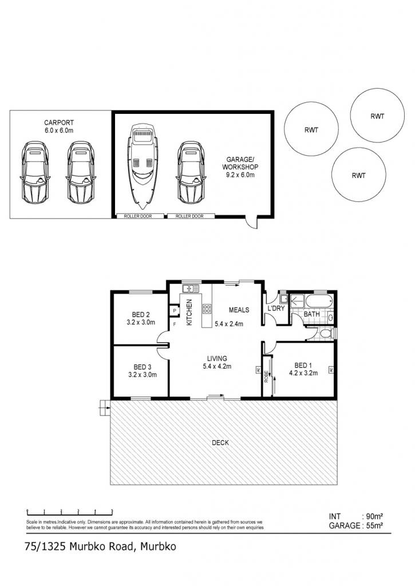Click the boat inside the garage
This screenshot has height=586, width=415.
[143, 167]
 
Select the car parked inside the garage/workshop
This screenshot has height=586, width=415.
[191, 172]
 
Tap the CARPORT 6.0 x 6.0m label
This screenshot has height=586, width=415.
[59, 126]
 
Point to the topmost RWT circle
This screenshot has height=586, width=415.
[377, 115]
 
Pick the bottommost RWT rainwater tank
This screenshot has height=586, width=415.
[358, 175]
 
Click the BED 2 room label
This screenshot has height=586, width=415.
[141, 318]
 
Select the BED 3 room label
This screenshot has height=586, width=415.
[143, 371]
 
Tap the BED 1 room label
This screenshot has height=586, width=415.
[303, 369]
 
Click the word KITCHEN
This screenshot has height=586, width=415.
[189, 312]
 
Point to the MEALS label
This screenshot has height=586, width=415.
[239, 310]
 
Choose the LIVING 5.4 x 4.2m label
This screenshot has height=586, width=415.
[217, 362]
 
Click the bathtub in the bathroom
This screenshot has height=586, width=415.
[319, 300]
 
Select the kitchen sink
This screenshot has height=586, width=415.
[191, 288]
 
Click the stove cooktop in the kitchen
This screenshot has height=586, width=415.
[207, 308]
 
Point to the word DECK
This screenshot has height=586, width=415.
[220, 442]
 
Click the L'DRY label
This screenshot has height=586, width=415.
[276, 308]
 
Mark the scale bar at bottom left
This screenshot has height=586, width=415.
[70, 512]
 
